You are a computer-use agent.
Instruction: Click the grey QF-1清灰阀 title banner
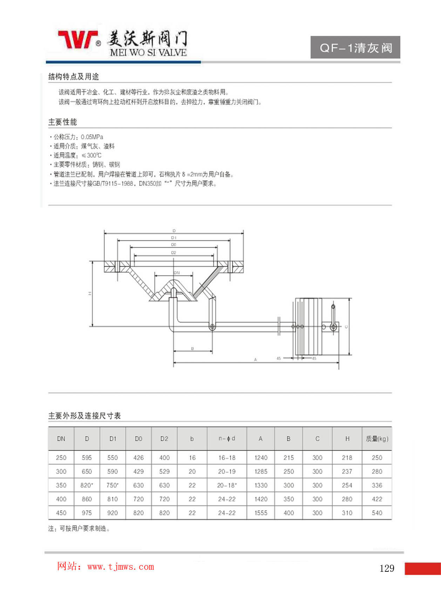(x=355, y=47)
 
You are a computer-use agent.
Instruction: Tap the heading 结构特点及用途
(x=74, y=76)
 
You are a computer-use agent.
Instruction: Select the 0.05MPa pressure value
(x=92, y=137)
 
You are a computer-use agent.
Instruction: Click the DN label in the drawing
(x=177, y=272)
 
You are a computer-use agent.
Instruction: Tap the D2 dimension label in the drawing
(x=174, y=252)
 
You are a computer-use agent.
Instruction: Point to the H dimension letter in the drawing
(x=90, y=293)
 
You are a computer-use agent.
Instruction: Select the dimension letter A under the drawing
(x=256, y=359)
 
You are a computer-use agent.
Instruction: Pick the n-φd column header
(x=227, y=439)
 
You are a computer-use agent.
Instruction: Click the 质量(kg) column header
(x=377, y=439)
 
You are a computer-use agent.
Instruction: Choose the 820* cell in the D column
(x=87, y=485)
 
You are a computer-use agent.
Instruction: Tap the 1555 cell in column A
(x=261, y=513)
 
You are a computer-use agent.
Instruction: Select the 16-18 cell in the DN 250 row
(x=227, y=457)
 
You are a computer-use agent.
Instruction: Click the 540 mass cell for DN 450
(x=377, y=513)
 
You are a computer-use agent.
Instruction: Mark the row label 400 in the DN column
(x=61, y=499)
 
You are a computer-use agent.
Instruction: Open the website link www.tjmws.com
(x=121, y=567)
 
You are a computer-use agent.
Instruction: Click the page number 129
(x=387, y=568)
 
